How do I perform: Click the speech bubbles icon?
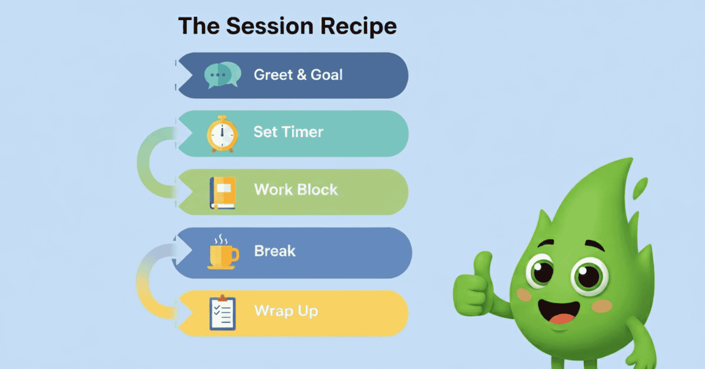pyautogui.click(x=222, y=75)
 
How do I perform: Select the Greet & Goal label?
pyautogui.click(x=298, y=75)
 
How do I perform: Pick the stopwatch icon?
pyautogui.click(x=222, y=133)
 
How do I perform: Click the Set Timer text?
pyautogui.click(x=288, y=132)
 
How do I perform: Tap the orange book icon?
pyautogui.click(x=222, y=193)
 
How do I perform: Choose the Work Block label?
pyautogui.click(x=296, y=190)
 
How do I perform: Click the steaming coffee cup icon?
pyautogui.click(x=222, y=252)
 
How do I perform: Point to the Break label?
pyautogui.click(x=275, y=251)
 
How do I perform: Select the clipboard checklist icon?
pyautogui.click(x=222, y=312)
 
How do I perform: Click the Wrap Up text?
pyautogui.click(x=286, y=311)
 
